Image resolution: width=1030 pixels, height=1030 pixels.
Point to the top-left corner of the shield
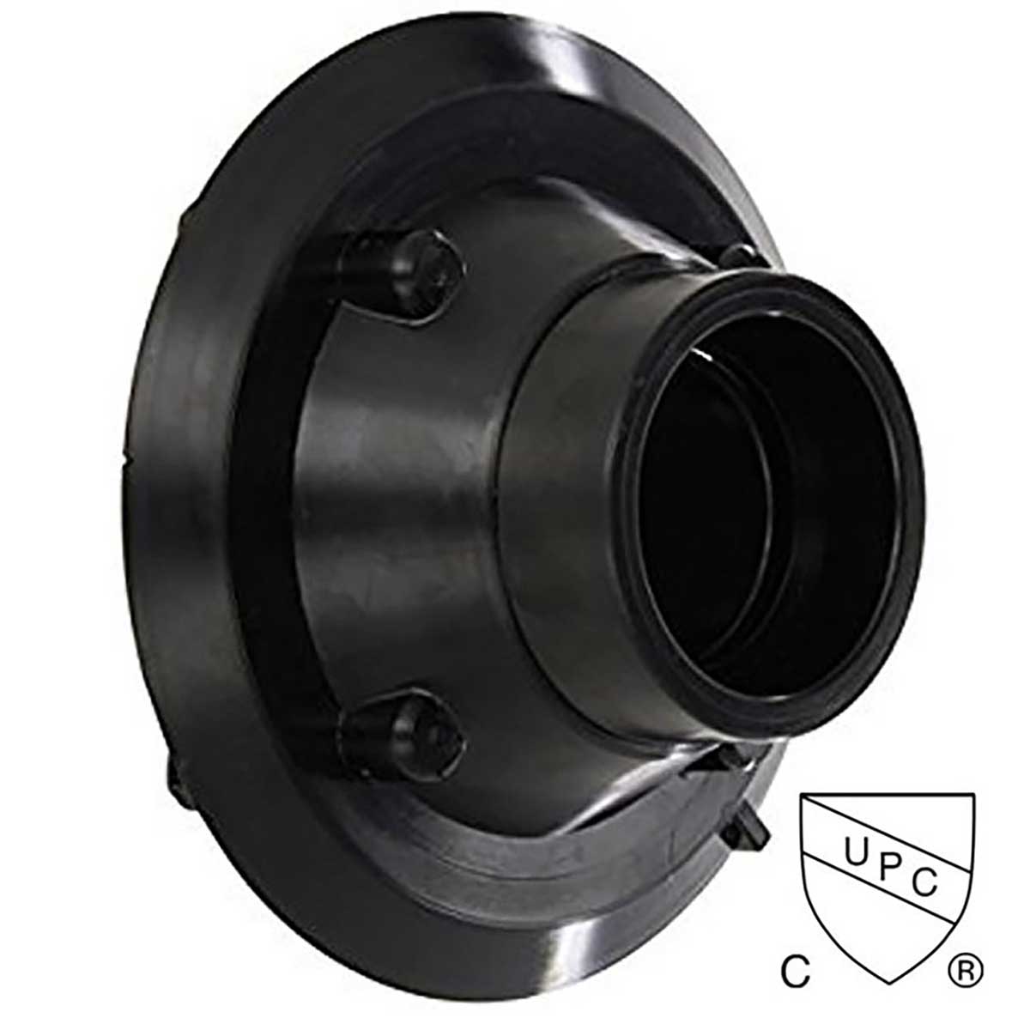tap(803, 797)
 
